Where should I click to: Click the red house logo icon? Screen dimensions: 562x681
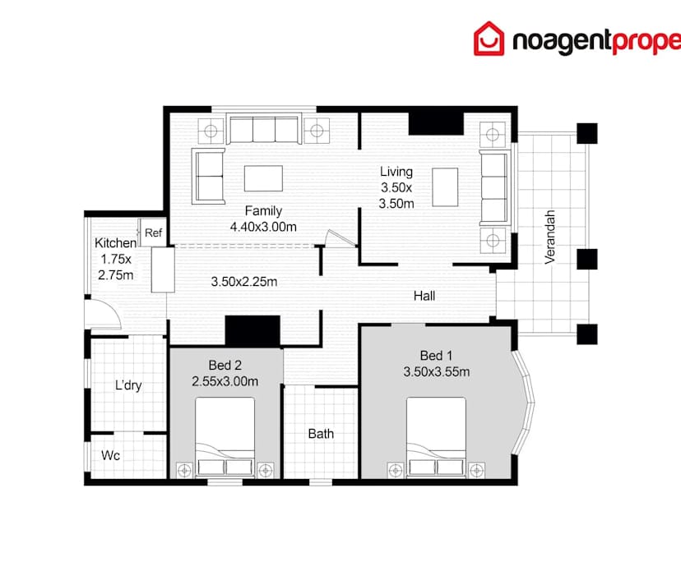(x=489, y=39)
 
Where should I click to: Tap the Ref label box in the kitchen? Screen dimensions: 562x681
(x=154, y=233)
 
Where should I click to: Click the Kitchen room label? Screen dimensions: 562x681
(x=115, y=243)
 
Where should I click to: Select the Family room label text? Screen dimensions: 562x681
(x=263, y=211)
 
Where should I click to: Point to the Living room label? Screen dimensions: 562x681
(x=396, y=172)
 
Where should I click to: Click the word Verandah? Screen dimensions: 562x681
(x=551, y=236)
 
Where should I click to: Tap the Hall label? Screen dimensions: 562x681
(x=424, y=296)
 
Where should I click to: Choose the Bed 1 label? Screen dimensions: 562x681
(x=436, y=356)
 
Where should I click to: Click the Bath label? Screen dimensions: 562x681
(x=321, y=433)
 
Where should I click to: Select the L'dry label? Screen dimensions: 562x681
(x=128, y=385)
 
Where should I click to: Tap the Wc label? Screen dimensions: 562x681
(x=111, y=454)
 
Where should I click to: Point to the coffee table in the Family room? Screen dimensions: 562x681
(x=263, y=177)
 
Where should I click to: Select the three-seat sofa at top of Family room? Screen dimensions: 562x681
(x=262, y=130)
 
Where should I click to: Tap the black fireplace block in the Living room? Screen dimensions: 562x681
(x=436, y=121)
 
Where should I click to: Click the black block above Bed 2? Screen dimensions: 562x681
(x=253, y=331)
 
